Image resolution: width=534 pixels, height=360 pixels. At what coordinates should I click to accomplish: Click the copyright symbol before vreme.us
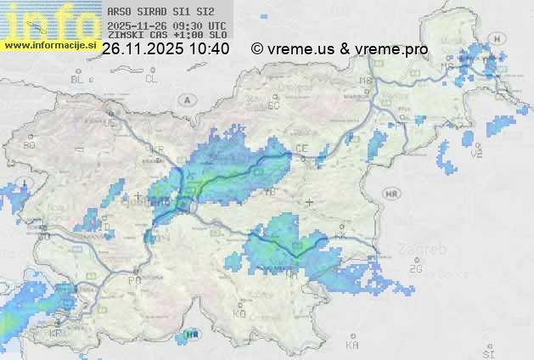coord(256,50)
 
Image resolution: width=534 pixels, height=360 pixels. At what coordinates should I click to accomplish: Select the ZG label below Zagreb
coord(415,269)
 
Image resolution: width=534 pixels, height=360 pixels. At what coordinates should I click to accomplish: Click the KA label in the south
coord(352,346)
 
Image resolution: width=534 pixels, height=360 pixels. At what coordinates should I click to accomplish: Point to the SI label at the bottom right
coord(487,351)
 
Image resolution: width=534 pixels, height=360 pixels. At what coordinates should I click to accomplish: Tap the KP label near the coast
coord(56,334)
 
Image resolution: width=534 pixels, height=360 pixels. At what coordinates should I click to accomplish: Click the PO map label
coord(134,280)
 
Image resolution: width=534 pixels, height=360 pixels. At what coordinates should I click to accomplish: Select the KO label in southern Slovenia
coord(239,314)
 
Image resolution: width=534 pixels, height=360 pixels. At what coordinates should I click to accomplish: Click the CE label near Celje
coord(301,149)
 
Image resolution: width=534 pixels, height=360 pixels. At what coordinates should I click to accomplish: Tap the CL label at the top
coord(151,79)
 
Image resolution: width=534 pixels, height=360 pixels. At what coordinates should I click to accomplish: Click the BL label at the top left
coord(78,79)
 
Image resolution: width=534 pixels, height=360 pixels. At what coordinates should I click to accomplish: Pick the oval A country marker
coord(184,99)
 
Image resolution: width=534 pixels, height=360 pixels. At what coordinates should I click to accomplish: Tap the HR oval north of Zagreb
coord(391,194)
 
